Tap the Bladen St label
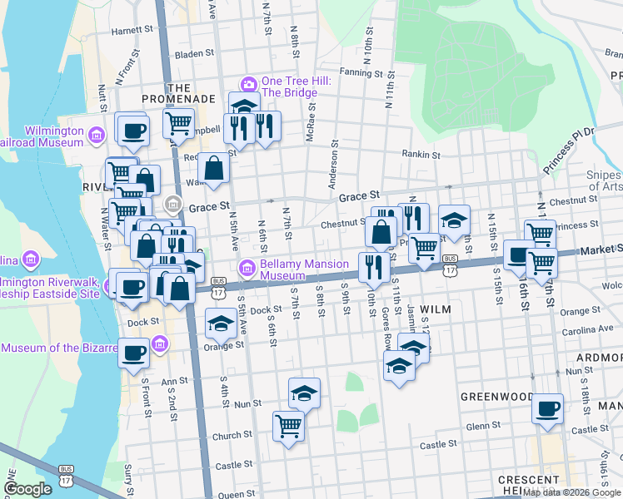click(189, 53)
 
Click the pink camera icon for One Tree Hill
click(248, 85)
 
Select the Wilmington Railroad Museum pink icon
click(97, 135)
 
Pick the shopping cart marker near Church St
click(288, 426)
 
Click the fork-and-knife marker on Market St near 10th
click(371, 267)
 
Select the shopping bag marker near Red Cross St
click(214, 167)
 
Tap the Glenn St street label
click(483, 425)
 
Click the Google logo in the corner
click(27, 489)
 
